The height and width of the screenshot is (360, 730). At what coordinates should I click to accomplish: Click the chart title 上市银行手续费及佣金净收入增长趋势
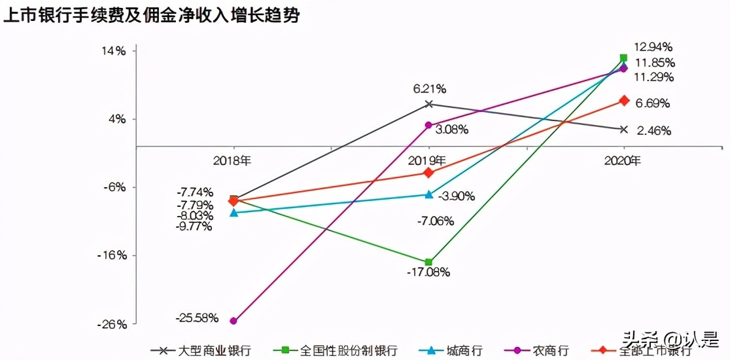click(x=151, y=16)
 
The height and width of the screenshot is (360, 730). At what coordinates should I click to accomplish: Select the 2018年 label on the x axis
click(x=234, y=161)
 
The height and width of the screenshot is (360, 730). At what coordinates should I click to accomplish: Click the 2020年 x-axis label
click(x=623, y=161)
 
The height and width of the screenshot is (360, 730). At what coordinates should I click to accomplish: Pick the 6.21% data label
click(x=429, y=88)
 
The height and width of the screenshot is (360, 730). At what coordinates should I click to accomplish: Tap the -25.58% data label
click(x=197, y=318)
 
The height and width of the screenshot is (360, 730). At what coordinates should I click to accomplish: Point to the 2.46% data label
click(x=653, y=131)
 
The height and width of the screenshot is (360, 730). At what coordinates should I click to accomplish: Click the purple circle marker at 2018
click(x=234, y=321)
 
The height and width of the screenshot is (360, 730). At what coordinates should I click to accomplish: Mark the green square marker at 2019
click(x=428, y=262)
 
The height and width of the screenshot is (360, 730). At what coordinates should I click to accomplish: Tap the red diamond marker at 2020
click(x=624, y=101)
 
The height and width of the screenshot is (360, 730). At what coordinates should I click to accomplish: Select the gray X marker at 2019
click(x=429, y=104)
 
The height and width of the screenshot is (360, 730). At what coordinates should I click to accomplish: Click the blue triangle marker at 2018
click(x=234, y=213)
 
